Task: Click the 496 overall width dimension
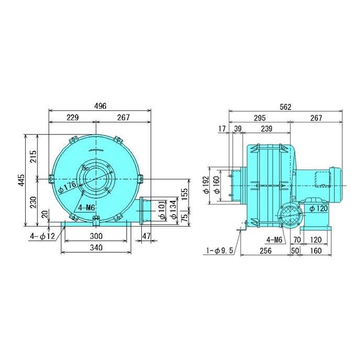click(100, 106)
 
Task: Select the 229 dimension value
click(72, 118)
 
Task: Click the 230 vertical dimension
click(33, 203)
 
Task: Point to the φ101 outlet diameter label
click(162, 209)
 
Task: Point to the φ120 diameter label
click(319, 209)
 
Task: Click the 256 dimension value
click(265, 251)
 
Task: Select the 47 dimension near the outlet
click(147, 236)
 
